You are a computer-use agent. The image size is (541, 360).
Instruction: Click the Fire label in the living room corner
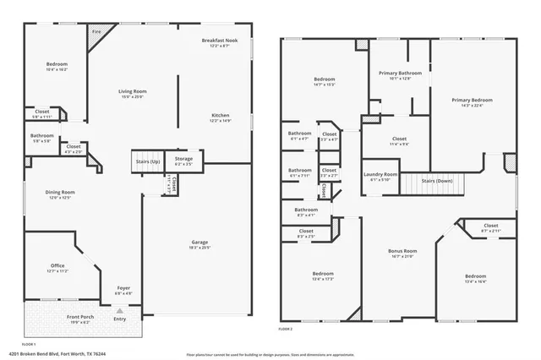tap(96, 32)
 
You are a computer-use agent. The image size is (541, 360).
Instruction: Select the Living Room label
tap(132, 91)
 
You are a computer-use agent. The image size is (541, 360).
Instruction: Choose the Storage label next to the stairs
tap(183, 159)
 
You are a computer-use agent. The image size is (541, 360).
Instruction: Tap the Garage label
tap(199, 243)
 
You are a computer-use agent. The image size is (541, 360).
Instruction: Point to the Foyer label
tap(123, 288)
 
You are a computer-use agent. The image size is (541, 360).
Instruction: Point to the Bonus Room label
tap(402, 251)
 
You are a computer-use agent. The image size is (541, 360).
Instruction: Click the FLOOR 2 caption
tap(286, 329)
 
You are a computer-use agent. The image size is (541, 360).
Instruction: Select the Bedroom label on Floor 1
tap(57, 64)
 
